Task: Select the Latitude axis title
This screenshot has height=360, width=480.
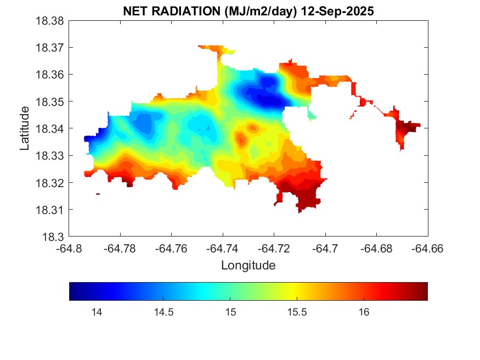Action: [x=25, y=128]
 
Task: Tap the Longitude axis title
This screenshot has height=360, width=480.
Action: [x=248, y=266]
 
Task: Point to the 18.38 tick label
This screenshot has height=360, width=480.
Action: [x=50, y=21]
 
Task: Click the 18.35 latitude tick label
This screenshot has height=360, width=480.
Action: [x=50, y=102]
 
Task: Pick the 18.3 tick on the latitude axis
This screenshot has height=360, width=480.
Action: [x=55, y=237]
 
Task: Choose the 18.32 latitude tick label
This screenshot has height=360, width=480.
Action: [x=50, y=183]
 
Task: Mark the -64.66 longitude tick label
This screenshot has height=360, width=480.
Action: [x=428, y=249]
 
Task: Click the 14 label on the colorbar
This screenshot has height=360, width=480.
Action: [x=97, y=312]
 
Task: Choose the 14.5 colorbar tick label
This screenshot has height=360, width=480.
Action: [x=163, y=312]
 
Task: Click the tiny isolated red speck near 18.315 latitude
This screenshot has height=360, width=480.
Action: [x=98, y=194]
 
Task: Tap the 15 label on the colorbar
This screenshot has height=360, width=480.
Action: [x=230, y=312]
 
